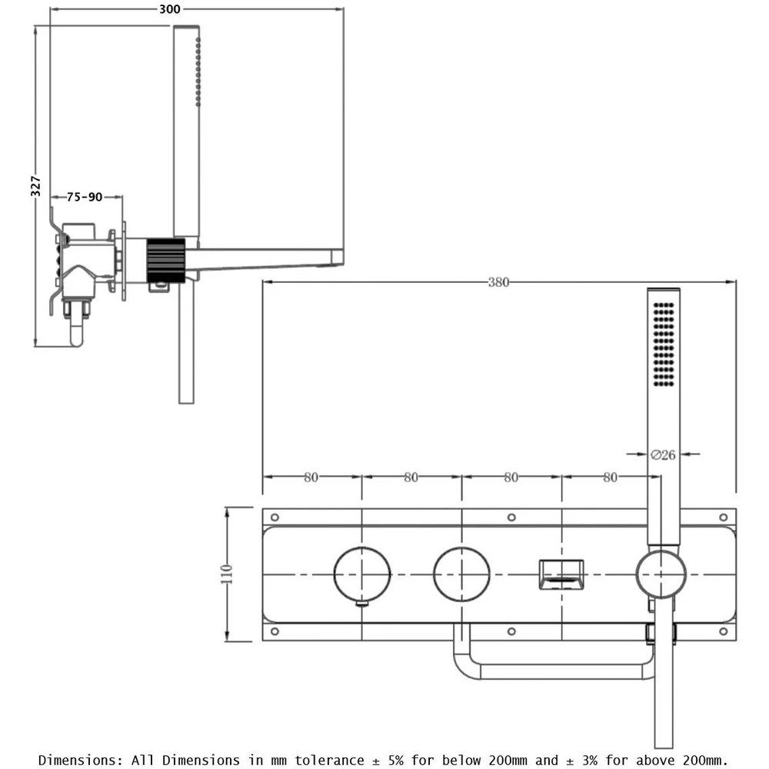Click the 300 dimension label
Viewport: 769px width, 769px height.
click(x=171, y=9)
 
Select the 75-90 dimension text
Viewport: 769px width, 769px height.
click(x=85, y=197)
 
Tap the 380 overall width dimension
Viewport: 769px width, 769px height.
click(x=498, y=282)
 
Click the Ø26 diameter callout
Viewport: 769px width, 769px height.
click(x=662, y=454)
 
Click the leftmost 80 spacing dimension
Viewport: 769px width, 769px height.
click(x=311, y=478)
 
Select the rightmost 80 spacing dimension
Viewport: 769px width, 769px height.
click(x=610, y=478)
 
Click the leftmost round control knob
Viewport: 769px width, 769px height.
click(x=362, y=574)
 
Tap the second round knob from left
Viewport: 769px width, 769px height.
click(x=461, y=574)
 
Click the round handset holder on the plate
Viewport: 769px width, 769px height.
click(x=661, y=574)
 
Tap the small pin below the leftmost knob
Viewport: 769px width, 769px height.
click(x=362, y=604)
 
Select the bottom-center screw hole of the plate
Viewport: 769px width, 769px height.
click(x=511, y=631)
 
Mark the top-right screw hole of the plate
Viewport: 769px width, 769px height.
click(x=723, y=517)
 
